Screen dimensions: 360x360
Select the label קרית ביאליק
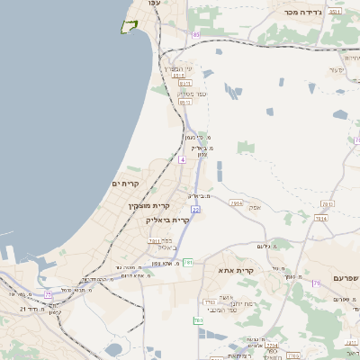point(168,219)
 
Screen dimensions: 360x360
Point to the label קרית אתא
point(237,270)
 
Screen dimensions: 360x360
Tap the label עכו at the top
point(154,4)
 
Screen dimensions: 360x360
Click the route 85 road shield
point(196,34)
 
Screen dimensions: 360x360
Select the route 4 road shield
point(182,159)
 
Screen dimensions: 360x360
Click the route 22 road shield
point(195,209)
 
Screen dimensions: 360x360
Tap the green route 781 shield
point(188,263)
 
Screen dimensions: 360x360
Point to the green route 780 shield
point(197,320)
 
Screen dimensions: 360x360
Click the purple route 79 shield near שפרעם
point(317,283)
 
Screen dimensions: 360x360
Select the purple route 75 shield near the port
point(48,293)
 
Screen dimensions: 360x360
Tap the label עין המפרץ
point(175,68)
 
